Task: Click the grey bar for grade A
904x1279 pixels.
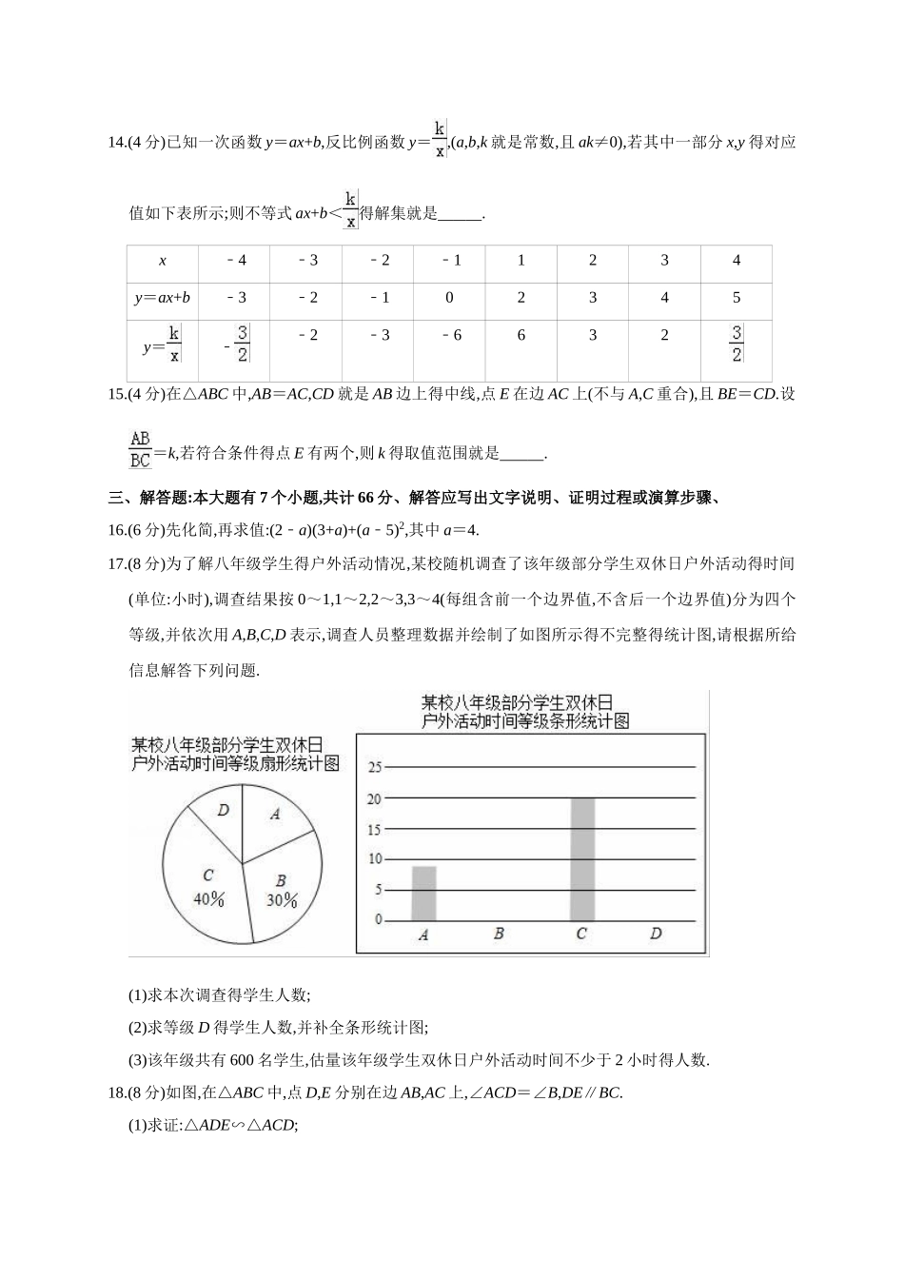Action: click(x=423, y=893)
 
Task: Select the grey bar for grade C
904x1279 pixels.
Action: click(x=582, y=858)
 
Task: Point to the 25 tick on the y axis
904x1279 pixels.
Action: click(x=374, y=768)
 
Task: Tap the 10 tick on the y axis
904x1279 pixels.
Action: click(x=374, y=859)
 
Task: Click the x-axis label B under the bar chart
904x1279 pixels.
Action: click(x=498, y=935)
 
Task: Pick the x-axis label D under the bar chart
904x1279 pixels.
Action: click(x=656, y=935)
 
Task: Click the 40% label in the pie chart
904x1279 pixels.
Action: click(x=208, y=898)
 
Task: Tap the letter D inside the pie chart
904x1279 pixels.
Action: click(x=224, y=810)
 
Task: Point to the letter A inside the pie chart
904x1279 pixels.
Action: click(x=275, y=814)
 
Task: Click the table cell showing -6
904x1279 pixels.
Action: click(x=450, y=335)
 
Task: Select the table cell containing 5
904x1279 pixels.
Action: click(x=736, y=298)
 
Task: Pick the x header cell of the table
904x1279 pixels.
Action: click(x=163, y=261)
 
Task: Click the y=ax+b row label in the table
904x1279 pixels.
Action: click(x=163, y=298)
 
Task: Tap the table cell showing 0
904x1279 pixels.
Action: click(x=450, y=298)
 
